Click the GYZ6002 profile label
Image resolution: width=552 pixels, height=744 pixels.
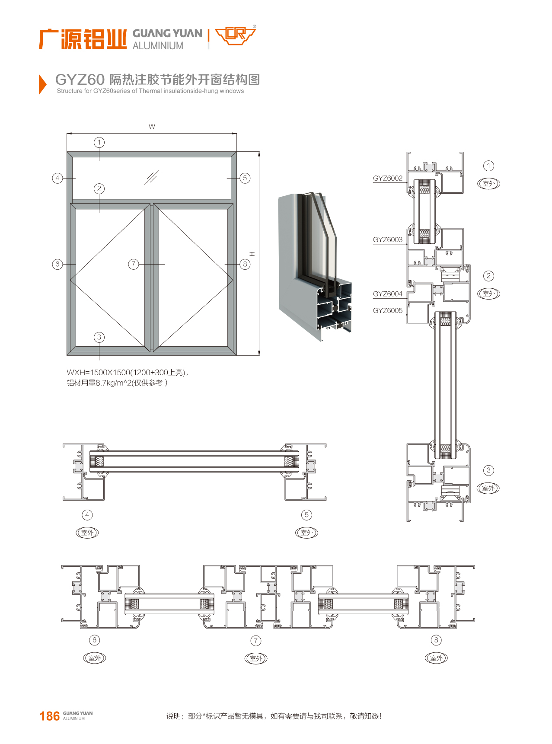point(387,178)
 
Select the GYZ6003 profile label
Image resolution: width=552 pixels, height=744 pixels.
point(387,239)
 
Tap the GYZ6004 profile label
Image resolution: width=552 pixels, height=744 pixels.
point(387,294)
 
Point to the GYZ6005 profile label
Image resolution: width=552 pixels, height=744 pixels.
point(387,310)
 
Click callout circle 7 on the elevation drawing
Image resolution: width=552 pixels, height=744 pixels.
point(134,264)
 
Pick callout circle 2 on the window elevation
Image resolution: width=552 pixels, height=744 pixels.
point(99,188)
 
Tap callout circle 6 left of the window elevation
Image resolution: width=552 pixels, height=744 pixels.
point(57,264)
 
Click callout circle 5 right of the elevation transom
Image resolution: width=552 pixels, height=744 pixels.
point(245,178)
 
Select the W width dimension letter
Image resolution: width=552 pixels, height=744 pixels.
point(152,127)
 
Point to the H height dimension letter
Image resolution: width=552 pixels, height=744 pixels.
point(252,254)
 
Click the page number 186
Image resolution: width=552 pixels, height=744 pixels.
point(49,716)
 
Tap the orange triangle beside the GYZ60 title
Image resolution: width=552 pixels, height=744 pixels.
point(42,84)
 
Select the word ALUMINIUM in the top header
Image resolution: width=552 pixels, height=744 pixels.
point(158,46)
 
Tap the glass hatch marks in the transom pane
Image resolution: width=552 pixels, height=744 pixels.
point(151,177)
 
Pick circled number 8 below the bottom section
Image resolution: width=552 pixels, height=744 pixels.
point(436,640)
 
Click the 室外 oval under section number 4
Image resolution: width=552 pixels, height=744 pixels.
point(87,533)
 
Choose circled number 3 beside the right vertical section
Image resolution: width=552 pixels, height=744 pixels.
point(488,470)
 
